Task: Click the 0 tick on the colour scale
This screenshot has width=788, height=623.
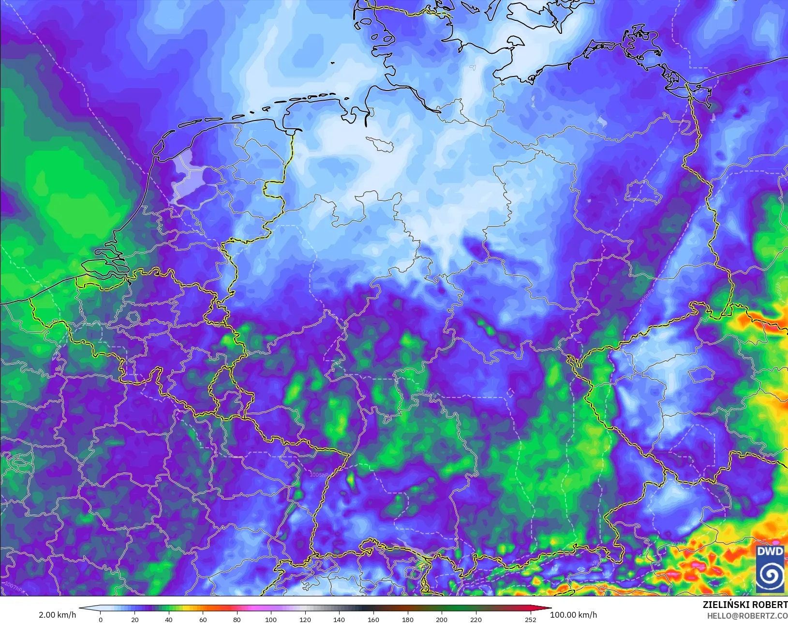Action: (101, 619)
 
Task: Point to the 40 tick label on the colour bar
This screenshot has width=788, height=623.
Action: (169, 619)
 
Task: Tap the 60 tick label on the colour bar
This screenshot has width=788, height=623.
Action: (203, 619)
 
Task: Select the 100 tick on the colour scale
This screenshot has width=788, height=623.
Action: (271, 619)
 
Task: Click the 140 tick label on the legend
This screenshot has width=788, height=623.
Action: (339, 619)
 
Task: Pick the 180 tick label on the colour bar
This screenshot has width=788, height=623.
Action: (407, 619)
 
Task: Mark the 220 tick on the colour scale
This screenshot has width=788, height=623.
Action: (476, 619)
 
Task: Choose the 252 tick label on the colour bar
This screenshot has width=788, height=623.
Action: (531, 619)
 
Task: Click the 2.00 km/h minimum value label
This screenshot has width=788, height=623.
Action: (57, 615)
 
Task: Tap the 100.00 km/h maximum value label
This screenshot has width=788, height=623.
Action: (574, 615)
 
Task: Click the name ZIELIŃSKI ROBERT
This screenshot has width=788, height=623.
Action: (745, 606)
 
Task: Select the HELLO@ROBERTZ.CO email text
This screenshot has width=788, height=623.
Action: (747, 616)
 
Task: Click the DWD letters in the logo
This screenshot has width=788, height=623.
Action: (770, 551)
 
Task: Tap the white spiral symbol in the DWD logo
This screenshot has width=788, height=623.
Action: (770, 575)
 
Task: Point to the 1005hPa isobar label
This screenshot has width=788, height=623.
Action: (319, 475)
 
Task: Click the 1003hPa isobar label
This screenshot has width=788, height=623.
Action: (426, 393)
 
